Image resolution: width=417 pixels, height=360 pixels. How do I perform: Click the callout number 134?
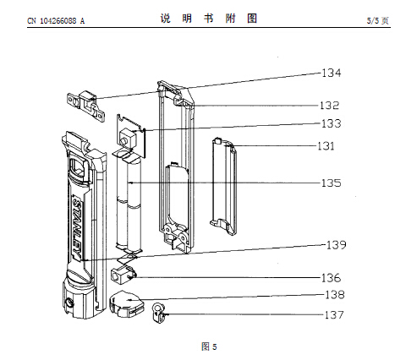click(x=332, y=73)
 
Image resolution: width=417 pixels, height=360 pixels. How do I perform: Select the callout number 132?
click(x=329, y=106)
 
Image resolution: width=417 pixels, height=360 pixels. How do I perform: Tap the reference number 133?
click(x=332, y=123)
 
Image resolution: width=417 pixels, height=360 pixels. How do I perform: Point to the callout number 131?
click(x=326, y=146)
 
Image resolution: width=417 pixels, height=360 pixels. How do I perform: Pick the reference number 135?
click(x=332, y=183)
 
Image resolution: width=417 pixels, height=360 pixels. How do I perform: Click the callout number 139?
click(x=336, y=245)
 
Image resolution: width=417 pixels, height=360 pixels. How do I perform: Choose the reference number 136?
click(x=332, y=278)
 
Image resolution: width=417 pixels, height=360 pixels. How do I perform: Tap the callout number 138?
click(x=335, y=295)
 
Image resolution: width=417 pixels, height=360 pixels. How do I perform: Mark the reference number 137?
click(x=334, y=314)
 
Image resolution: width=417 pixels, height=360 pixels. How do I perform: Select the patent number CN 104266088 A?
click(x=56, y=21)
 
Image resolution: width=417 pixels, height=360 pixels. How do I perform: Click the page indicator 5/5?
click(x=373, y=20)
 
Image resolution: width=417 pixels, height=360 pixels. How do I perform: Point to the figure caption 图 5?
click(x=209, y=346)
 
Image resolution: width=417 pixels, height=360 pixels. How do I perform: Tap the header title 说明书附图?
click(x=209, y=19)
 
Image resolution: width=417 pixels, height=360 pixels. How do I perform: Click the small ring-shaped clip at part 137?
click(x=158, y=313)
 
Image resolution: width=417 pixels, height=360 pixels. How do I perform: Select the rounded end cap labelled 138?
click(x=126, y=303)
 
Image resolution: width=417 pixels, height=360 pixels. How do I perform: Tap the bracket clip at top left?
click(x=85, y=106)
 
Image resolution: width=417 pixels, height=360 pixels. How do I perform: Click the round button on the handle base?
click(x=69, y=303)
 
